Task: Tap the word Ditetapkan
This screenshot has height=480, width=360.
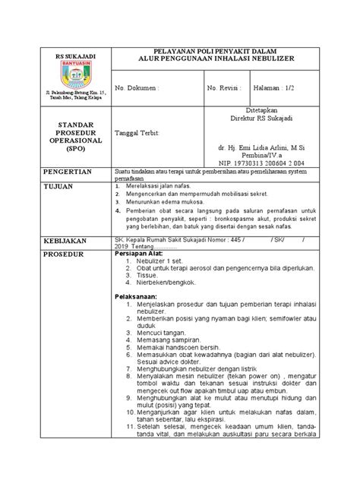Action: [x=255, y=109]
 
